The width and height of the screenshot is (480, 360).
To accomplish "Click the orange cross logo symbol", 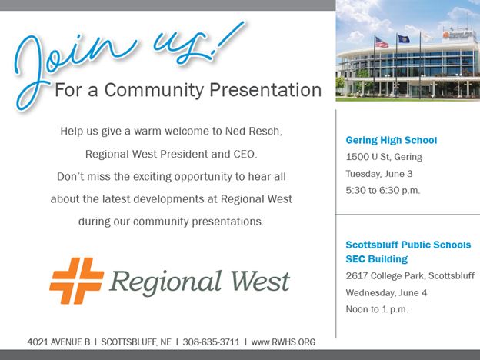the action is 76,281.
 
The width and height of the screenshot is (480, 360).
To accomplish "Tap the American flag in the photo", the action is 382,42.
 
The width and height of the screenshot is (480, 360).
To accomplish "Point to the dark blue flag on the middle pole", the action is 404,39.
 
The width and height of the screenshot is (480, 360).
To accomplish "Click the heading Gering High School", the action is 392,140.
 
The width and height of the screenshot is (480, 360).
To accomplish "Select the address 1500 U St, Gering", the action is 384,157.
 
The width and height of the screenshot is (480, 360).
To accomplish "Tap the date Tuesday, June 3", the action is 379,174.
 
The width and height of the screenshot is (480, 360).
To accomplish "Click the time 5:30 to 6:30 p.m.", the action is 383,191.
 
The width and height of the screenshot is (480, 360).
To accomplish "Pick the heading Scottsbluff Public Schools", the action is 408,245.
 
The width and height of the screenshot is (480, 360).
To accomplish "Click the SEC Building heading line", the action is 377,259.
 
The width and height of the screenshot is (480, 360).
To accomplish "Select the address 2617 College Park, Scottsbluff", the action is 410,276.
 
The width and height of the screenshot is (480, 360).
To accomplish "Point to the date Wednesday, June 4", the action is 386,292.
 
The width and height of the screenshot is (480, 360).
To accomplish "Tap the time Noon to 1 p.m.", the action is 377,309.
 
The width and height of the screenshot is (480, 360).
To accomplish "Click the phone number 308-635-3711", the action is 212,342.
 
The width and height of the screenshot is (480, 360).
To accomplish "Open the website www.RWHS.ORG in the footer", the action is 283,342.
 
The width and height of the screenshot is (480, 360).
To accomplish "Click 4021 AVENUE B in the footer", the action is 58,342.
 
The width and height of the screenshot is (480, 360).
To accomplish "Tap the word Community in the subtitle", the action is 154,90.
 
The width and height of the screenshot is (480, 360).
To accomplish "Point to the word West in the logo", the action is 260,281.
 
